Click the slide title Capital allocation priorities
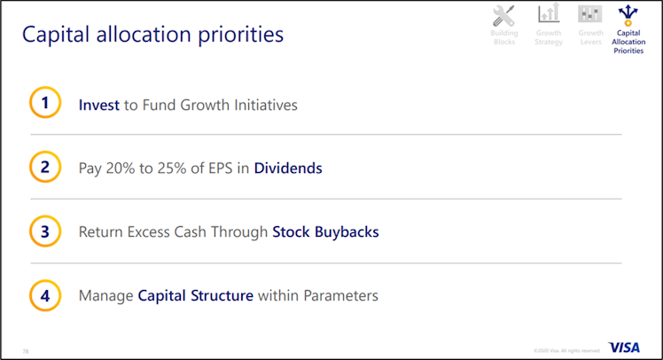point(152,35)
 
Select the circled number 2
point(45,167)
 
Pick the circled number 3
point(45,231)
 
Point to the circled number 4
point(45,295)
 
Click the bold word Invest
point(99,105)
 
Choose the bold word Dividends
point(288,168)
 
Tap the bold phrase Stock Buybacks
point(325,231)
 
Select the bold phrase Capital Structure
point(196,295)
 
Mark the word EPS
point(222,168)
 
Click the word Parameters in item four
point(340,295)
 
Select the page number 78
point(26,350)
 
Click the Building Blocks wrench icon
point(504,15)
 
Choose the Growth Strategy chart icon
point(549,14)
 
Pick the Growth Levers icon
point(590,14)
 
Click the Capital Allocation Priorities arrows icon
point(628,14)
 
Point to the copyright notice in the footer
point(567,350)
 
